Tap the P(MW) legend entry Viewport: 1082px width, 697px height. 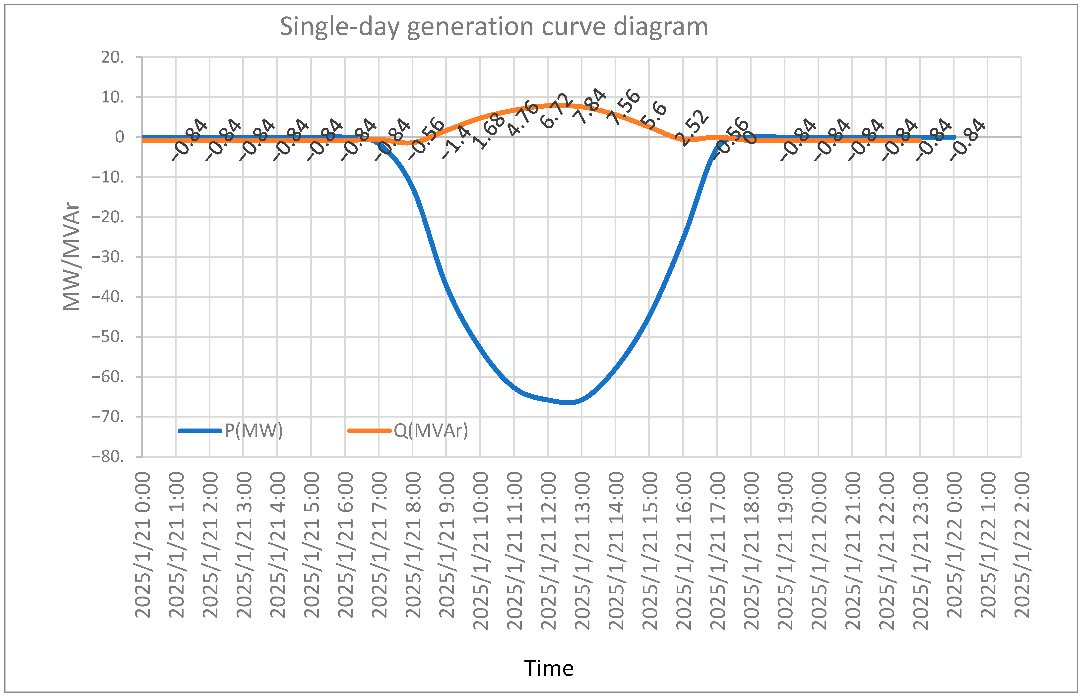[x=253, y=431]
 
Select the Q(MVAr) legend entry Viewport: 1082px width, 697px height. [x=431, y=431]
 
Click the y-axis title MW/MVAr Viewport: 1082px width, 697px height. [x=71, y=257]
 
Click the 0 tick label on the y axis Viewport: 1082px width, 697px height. [x=120, y=137]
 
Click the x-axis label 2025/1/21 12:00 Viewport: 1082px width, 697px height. [x=548, y=551]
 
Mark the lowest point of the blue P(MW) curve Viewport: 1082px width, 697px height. [x=569, y=402]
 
